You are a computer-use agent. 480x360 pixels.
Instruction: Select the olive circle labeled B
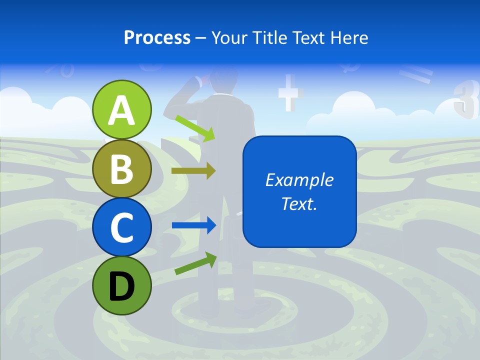pyautogui.click(x=121, y=168)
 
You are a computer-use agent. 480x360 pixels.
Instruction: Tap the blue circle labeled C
pyautogui.click(x=121, y=227)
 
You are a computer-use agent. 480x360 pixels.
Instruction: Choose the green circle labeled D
pyautogui.click(x=121, y=285)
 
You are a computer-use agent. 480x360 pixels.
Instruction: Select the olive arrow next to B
pyautogui.click(x=193, y=171)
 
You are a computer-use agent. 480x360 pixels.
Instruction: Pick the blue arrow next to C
pyautogui.click(x=193, y=225)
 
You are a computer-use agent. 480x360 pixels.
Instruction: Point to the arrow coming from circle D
pyautogui.click(x=195, y=263)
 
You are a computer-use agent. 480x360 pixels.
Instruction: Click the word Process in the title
pyautogui.click(x=157, y=37)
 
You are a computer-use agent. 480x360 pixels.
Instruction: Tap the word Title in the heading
pyautogui.click(x=272, y=37)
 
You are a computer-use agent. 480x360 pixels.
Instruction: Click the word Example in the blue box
pyautogui.click(x=299, y=180)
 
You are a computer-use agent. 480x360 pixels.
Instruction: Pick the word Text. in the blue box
pyautogui.click(x=299, y=203)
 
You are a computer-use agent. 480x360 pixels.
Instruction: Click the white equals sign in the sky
pyautogui.click(x=416, y=75)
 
